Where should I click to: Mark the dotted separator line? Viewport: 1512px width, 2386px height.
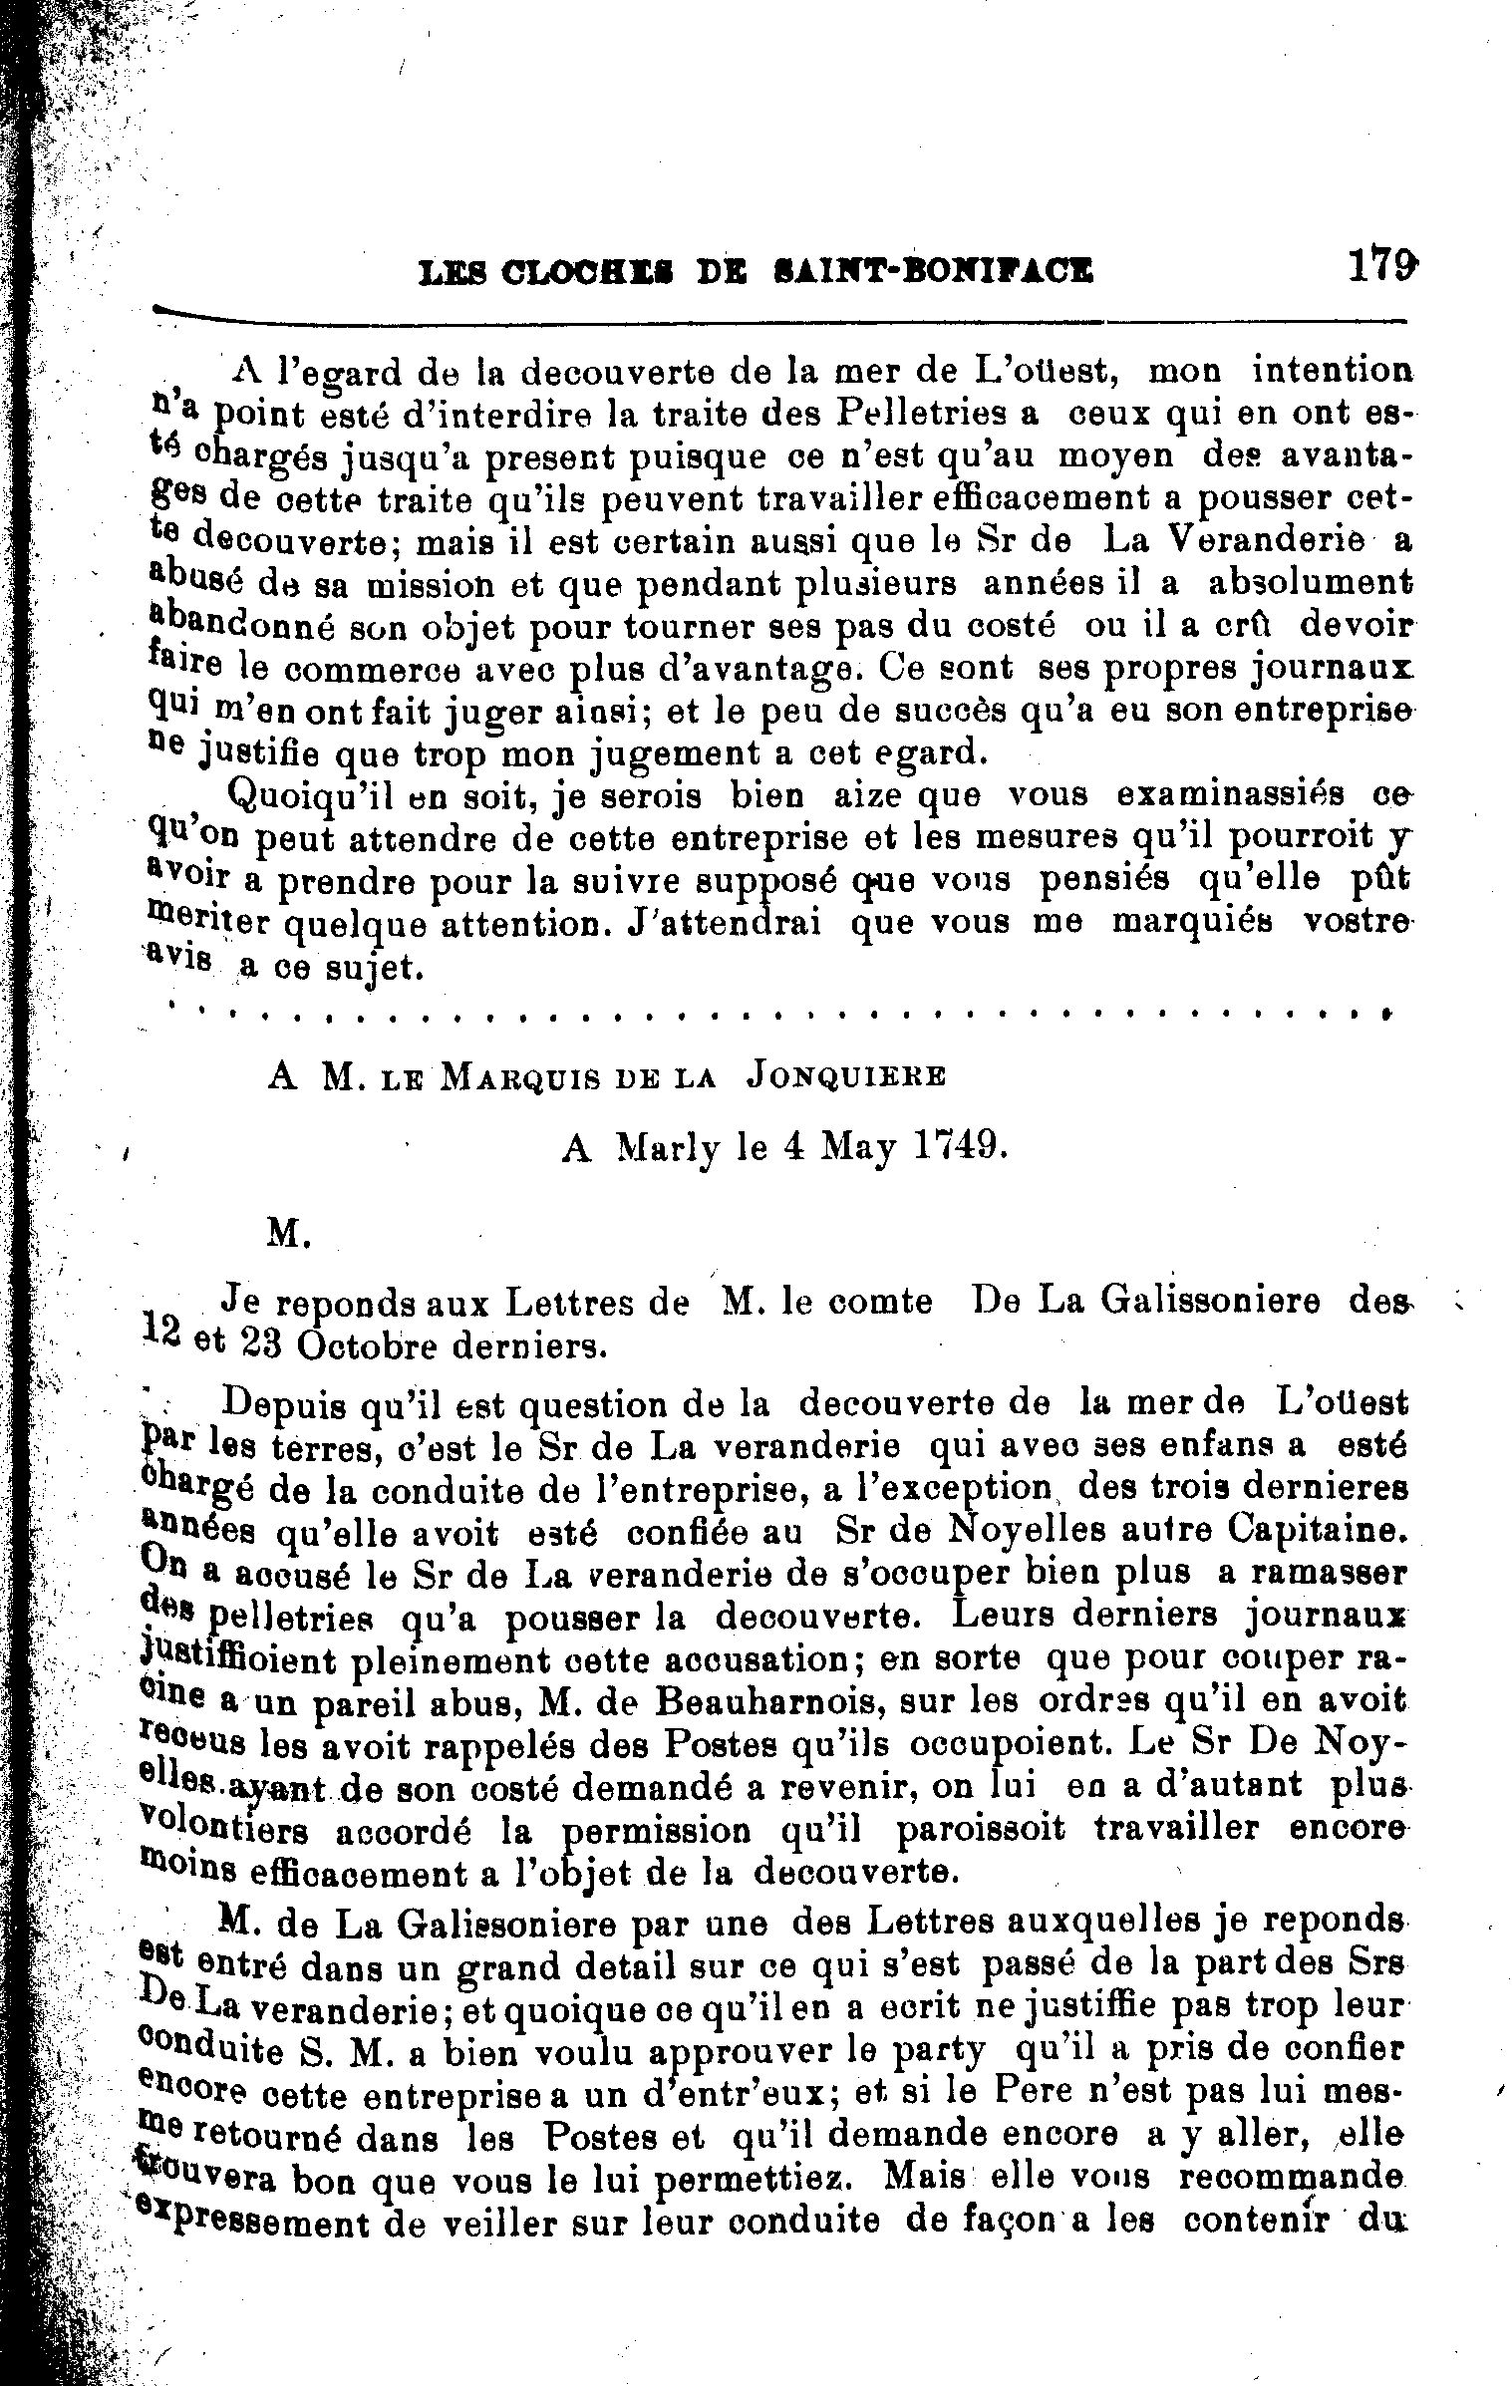[x=777, y=1015]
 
